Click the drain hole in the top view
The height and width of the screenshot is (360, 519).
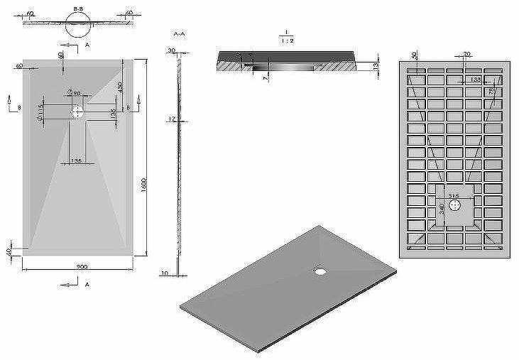tap(76, 111)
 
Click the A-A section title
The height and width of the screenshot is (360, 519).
tap(179, 33)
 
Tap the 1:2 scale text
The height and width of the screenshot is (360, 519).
tap(284, 40)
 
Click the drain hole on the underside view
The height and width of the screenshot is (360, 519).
tap(456, 204)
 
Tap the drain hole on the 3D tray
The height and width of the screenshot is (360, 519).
tap(321, 270)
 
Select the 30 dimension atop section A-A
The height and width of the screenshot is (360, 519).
tap(172, 50)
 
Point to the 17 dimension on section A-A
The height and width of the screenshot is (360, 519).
tap(172, 119)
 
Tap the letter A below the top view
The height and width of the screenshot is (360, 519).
tap(87, 285)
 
